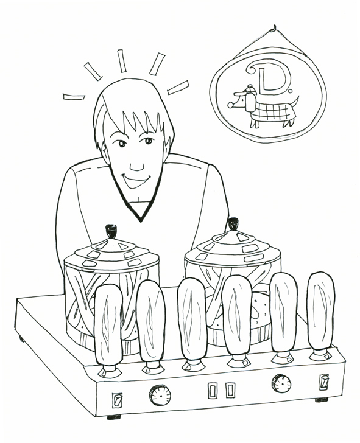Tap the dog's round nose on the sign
230,105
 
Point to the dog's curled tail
296,101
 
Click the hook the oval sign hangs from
274,28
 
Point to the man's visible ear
104,153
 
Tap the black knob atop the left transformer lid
111,231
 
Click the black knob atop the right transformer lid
233,224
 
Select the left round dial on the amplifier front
160,395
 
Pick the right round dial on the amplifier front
281,384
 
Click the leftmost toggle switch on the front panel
117,400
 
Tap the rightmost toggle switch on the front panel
324,382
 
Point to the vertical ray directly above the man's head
122,61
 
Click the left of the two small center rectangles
213,391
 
